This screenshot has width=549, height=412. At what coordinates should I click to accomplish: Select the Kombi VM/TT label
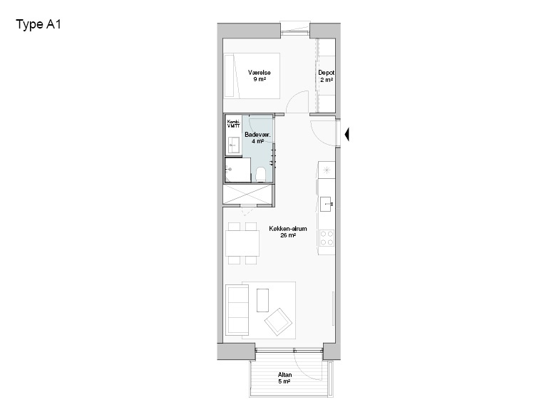point(233,124)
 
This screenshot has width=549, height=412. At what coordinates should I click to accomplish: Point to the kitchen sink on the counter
point(327,203)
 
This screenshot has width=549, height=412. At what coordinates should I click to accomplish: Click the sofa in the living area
point(235,310)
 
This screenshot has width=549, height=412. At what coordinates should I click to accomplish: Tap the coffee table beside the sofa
point(263,299)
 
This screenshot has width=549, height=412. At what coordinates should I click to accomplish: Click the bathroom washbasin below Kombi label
point(232,145)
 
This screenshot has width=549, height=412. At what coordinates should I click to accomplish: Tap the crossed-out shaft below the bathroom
point(247,194)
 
